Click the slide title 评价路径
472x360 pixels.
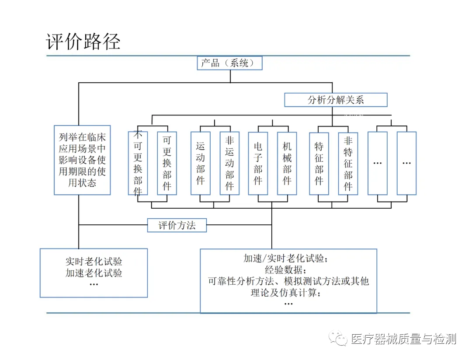[83, 42]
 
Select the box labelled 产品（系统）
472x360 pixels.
[230, 63]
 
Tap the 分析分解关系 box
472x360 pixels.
[336, 100]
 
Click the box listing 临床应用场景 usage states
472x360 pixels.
[82, 160]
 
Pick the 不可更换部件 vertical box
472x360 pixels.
[138, 163]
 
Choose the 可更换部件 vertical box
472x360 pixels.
[167, 163]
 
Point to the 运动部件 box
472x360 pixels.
[201, 163]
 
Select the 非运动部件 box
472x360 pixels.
[229, 163]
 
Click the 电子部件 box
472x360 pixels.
[258, 163]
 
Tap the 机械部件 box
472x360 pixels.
[287, 163]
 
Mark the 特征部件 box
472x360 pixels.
[319, 163]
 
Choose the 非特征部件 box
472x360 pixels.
[348, 163]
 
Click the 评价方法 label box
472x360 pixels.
[177, 226]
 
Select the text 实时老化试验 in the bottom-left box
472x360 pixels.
[94, 262]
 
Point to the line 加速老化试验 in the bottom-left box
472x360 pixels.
[94, 273]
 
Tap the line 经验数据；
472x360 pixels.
[288, 269]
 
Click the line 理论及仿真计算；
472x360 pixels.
[288, 293]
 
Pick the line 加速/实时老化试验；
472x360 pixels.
[288, 258]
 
